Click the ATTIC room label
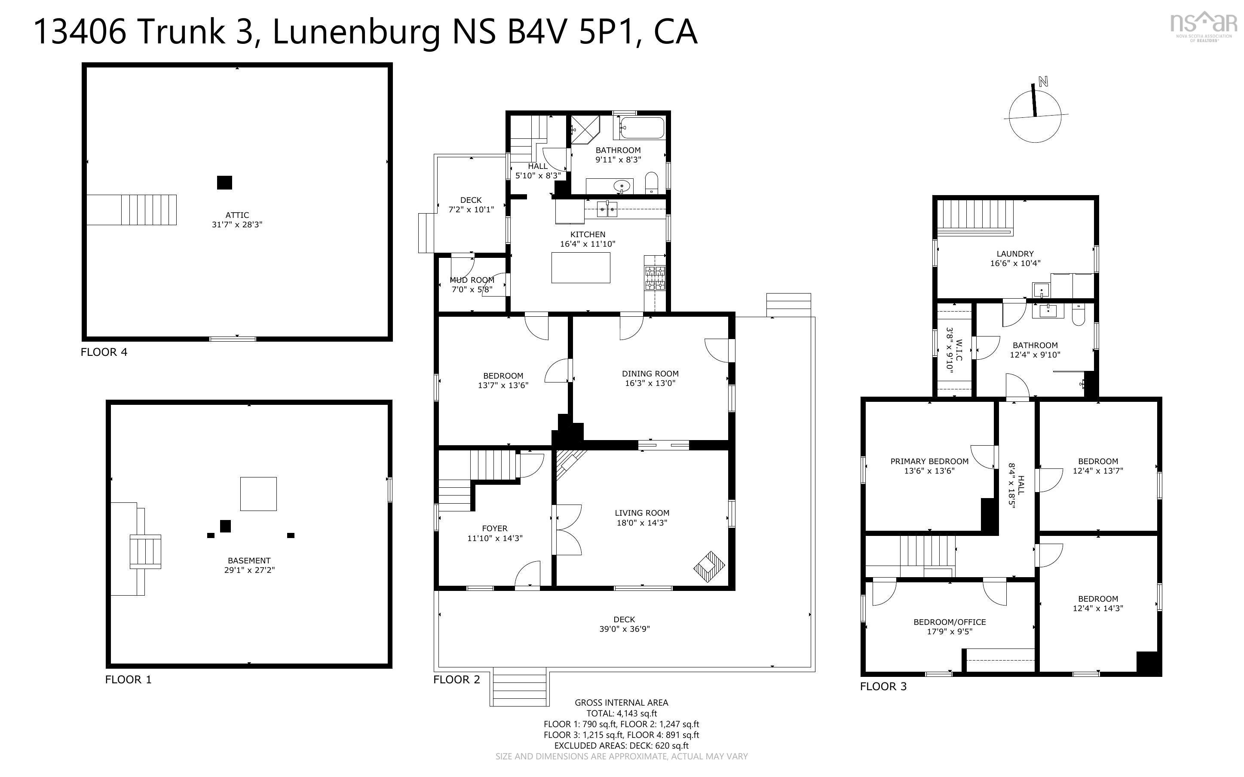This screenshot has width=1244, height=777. tap(237, 215)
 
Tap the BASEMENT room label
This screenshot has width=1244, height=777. tap(249, 561)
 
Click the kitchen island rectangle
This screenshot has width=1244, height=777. tap(581, 267)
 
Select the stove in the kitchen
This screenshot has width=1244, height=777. tap(655, 278)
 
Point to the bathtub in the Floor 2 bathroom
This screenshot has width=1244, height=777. tap(642, 128)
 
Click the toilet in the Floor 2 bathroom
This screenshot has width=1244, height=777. tap(652, 183)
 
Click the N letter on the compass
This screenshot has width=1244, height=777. tap(1043, 81)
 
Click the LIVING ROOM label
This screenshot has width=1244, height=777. tap(642, 513)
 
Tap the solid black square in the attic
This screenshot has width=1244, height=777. tap(224, 182)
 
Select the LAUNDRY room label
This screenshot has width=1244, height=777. tap(1015, 254)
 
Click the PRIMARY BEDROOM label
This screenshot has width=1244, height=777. tap(929, 462)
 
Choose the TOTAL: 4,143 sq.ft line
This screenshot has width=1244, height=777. tap(622, 713)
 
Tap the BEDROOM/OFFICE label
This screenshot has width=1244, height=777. tap(950, 622)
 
